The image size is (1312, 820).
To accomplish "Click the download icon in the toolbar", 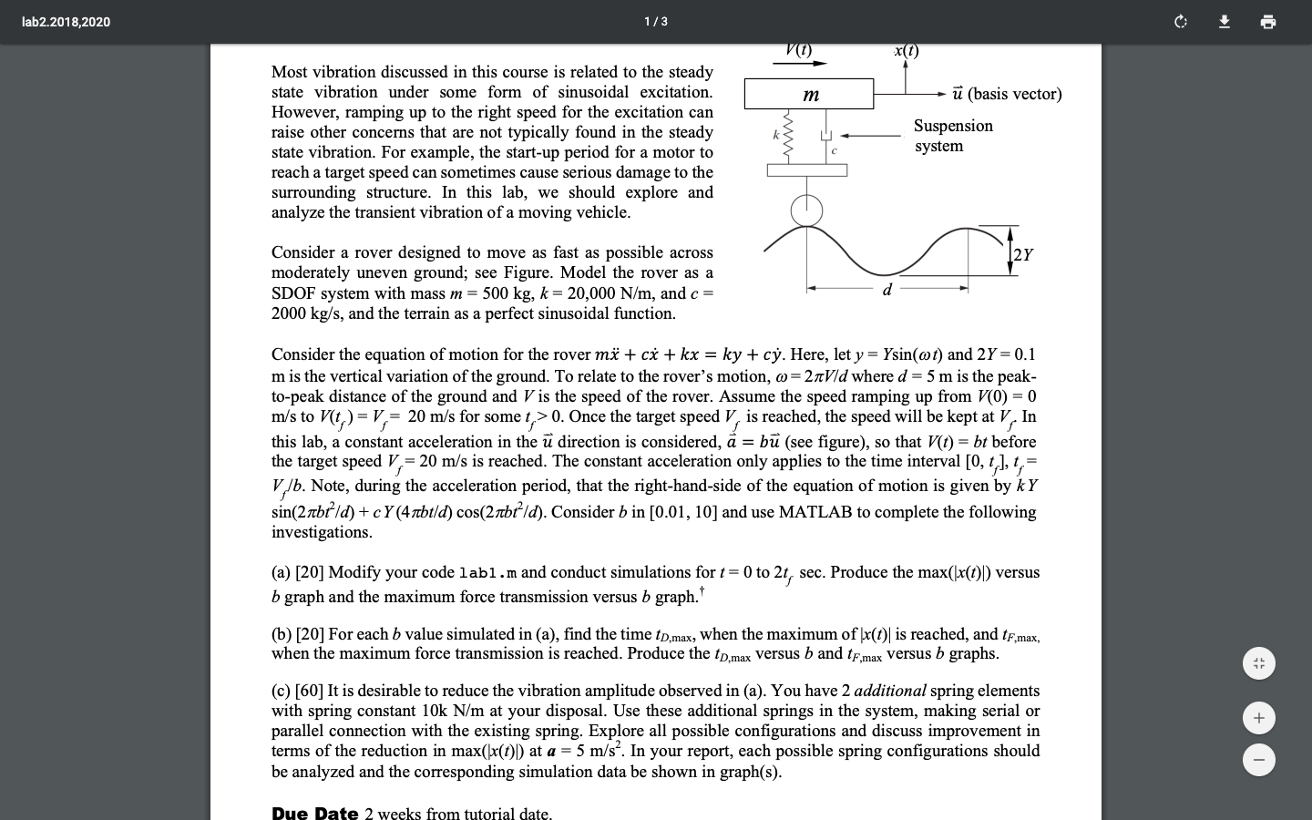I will pyautogui.click(x=1225, y=22).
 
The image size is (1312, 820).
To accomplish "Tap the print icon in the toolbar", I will pyautogui.click(x=1267, y=22).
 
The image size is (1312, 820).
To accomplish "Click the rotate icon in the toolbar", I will pyautogui.click(x=1181, y=22).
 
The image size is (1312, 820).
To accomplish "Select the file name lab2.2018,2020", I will pyautogui.click(x=66, y=22).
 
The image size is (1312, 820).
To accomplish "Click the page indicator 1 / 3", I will pyautogui.click(x=655, y=22).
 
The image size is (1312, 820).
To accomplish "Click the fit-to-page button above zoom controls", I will pyautogui.click(x=1258, y=663).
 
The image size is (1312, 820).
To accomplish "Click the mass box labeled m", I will pyautogui.click(x=809, y=94).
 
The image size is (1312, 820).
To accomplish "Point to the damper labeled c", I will pyautogui.click(x=827, y=137).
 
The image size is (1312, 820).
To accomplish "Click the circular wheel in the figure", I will pyautogui.click(x=806, y=210).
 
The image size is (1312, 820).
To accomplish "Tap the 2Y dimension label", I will pyautogui.click(x=1022, y=255).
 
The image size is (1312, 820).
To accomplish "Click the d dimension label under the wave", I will pyautogui.click(x=887, y=290).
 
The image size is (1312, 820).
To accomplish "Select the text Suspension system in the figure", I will pyautogui.click(x=953, y=136).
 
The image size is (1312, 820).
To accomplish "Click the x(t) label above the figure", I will pyautogui.click(x=906, y=51).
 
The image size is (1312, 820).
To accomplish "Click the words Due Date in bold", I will pyautogui.click(x=314, y=813).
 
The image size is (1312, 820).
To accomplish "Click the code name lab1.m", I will pyautogui.click(x=487, y=573).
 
